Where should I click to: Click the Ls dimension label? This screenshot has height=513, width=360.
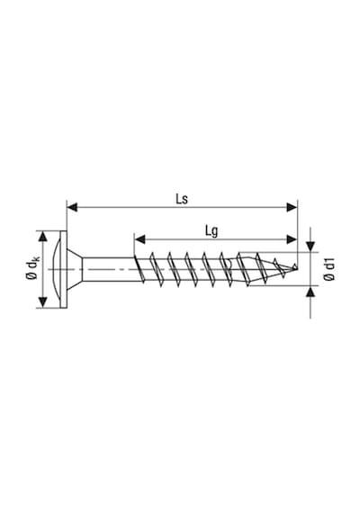[x=182, y=199]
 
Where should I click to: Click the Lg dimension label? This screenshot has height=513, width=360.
[x=211, y=231]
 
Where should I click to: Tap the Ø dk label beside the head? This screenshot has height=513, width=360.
[x=32, y=268]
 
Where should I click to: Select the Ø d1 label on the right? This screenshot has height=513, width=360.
[x=329, y=269]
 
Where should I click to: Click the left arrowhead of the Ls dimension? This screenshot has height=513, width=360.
[x=72, y=207]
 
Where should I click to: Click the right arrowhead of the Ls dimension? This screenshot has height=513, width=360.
[x=292, y=207]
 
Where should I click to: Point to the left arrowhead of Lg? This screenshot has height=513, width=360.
[x=140, y=239]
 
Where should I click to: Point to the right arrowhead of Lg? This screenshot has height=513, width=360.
[x=292, y=239]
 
